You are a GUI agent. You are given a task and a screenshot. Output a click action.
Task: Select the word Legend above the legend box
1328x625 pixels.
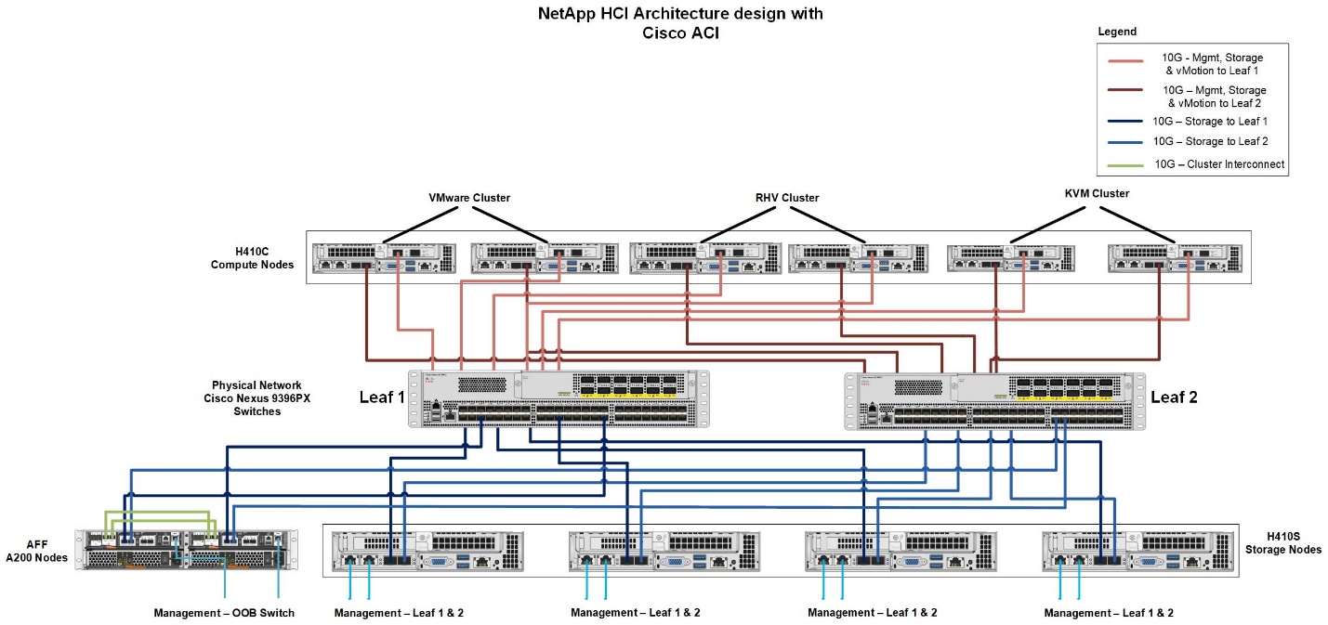click(1117, 32)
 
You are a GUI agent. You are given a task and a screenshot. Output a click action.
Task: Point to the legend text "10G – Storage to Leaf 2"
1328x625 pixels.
click(1210, 141)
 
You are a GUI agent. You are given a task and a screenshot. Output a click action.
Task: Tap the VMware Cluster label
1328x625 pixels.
click(469, 198)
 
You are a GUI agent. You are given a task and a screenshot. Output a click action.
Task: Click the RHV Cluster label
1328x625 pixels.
click(786, 198)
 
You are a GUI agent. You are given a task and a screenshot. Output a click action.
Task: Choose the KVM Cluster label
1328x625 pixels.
click(1097, 193)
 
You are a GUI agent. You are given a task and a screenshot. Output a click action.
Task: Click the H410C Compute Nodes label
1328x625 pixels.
click(252, 258)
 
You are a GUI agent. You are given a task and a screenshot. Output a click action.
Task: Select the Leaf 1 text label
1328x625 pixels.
click(383, 398)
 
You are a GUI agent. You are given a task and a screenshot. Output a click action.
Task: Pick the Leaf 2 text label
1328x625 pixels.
click(1174, 397)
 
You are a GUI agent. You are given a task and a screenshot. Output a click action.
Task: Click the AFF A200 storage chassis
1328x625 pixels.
click(187, 549)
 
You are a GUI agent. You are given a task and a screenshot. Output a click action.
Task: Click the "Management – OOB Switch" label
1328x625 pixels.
click(224, 613)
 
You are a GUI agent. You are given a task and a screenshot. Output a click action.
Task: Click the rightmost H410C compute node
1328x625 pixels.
click(1176, 258)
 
